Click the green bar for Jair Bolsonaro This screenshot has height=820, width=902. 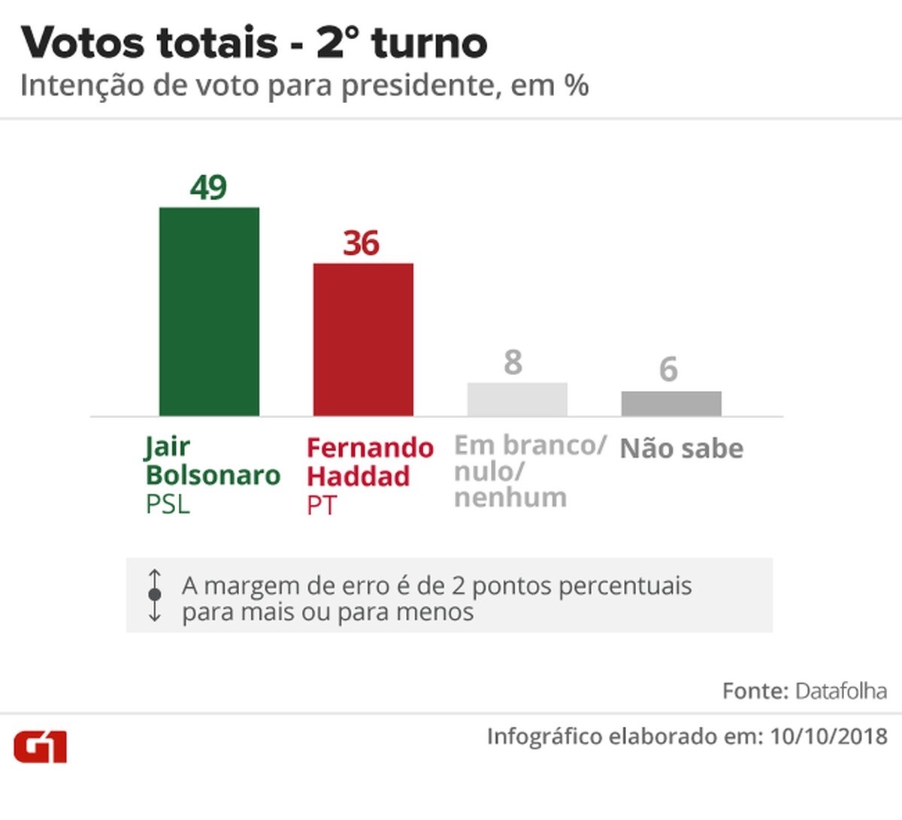tap(209, 311)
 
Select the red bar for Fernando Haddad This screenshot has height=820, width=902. tap(363, 339)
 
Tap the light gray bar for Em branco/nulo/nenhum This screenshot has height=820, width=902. tap(517, 399)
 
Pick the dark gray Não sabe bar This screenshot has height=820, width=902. tap(671, 404)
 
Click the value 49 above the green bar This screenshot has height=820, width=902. tap(208, 187)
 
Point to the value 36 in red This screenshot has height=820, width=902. tap(362, 244)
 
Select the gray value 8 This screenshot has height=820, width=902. tap(513, 362)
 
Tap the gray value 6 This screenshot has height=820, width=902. tap(668, 370)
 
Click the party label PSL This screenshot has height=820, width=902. tap(168, 504)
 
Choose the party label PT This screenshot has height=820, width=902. tap(322, 506)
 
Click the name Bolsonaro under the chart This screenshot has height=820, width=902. tap(213, 475)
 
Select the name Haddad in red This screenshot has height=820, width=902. tap(359, 477)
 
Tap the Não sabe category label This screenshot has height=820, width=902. tap(682, 449)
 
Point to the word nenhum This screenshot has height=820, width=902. tap(510, 498)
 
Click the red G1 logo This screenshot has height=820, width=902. tap(41, 746)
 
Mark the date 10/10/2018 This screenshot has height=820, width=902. tap(828, 737)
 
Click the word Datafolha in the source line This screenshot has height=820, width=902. tap(841, 691)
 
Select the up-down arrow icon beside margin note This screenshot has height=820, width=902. tap(155, 595)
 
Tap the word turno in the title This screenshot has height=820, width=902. tap(429, 43)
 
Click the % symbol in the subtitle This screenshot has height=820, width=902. tap(576, 86)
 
